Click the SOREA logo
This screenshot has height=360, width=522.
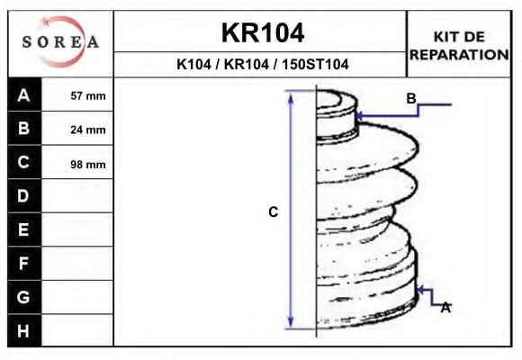(x=60, y=41)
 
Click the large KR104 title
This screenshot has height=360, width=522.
(x=263, y=32)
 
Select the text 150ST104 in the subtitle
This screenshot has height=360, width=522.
(x=315, y=64)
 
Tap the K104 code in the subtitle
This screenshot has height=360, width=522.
(x=193, y=64)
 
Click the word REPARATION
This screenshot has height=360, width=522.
(x=459, y=55)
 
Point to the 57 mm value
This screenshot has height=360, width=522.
(x=88, y=96)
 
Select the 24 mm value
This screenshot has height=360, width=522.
(x=88, y=130)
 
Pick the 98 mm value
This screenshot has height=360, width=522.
(x=88, y=164)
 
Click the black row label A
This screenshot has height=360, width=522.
(x=24, y=94)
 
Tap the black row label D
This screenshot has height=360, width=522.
(x=24, y=196)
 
